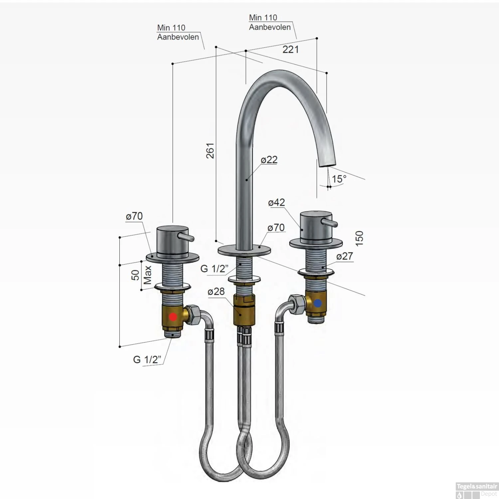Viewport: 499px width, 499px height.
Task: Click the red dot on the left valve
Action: coord(173,317)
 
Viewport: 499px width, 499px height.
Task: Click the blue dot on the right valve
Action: coord(317,303)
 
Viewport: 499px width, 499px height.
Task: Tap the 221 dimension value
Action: coord(290,49)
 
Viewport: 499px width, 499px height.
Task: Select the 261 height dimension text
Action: coord(210,150)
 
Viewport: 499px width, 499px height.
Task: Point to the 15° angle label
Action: coord(339,179)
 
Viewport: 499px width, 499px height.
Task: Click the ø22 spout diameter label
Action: coord(269,160)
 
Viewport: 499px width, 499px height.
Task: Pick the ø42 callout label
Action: coord(276,202)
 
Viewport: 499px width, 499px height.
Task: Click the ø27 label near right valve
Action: coord(344,256)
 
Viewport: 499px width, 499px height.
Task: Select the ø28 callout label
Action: coord(216,291)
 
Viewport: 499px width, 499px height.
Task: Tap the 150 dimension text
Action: coord(359,238)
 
